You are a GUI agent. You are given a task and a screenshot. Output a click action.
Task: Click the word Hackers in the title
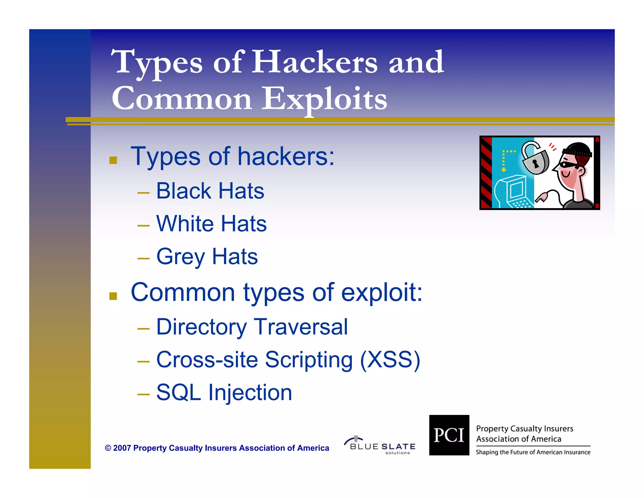tap(314, 62)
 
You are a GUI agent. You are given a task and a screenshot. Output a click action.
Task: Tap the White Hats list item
tap(211, 224)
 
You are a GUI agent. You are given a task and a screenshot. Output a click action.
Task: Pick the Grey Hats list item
tap(207, 257)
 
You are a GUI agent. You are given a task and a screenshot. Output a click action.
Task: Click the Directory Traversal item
tap(252, 327)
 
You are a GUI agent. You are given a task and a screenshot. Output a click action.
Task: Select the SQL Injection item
tap(224, 393)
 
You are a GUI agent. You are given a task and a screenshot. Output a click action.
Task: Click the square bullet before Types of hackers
tap(113, 160)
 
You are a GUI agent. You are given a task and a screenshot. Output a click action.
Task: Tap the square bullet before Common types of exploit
tap(113, 296)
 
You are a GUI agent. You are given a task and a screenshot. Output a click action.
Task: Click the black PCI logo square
tap(449, 435)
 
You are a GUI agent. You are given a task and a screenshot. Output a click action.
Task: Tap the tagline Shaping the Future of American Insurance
tap(533, 452)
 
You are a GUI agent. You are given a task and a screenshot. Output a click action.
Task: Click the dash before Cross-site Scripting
tap(143, 361)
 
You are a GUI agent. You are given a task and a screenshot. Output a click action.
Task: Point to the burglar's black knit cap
tap(579, 149)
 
